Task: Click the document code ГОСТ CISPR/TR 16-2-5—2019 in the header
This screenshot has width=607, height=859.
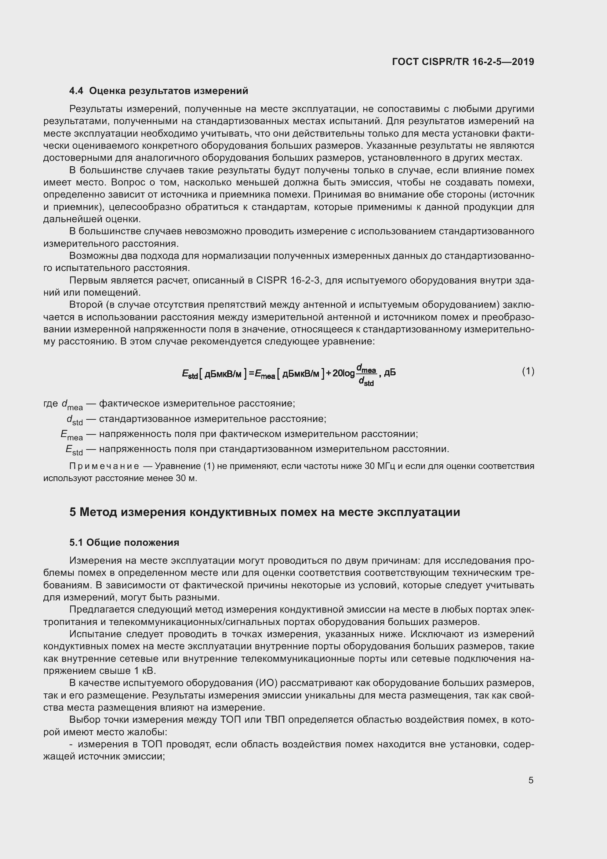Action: pos(463,62)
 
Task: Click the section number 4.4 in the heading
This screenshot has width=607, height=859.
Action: pos(77,91)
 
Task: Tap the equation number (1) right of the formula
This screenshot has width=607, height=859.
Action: pos(528,371)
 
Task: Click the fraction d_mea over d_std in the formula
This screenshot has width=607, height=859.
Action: pos(366,375)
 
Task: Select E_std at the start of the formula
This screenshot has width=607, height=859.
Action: pos(189,374)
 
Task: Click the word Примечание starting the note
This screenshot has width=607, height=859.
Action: pos(104,466)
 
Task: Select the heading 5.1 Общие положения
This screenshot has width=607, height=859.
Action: pos(124,542)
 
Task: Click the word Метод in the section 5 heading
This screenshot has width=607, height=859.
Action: pos(98,512)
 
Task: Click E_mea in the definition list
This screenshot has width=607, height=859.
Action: pos(72,435)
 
